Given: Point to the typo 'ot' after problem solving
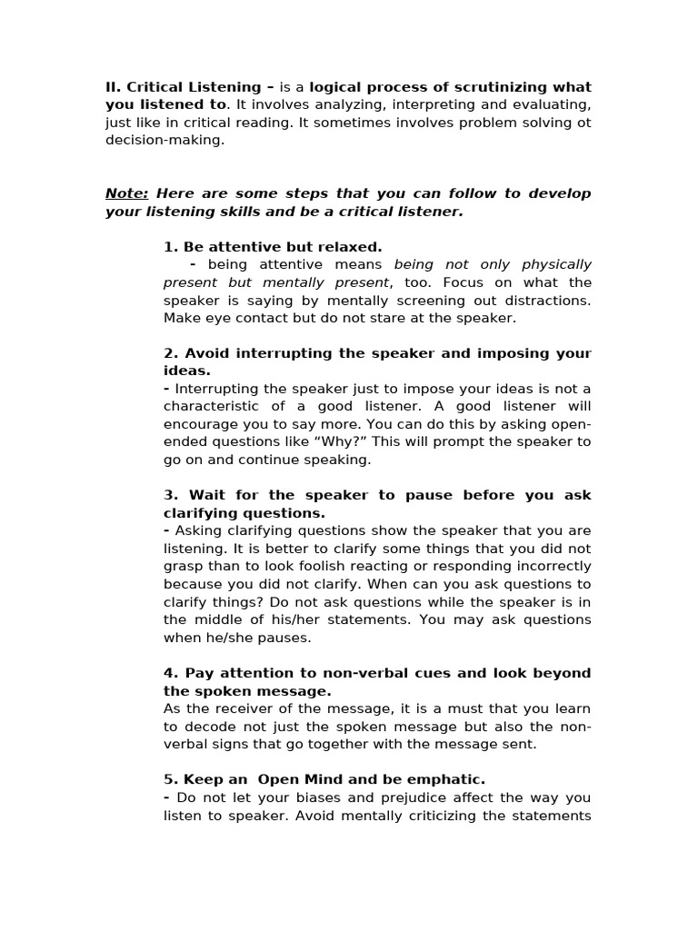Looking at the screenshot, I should [x=583, y=123].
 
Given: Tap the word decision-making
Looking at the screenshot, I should [x=165, y=141].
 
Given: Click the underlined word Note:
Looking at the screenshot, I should [x=126, y=193].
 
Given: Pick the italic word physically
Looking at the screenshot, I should [x=556, y=264].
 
